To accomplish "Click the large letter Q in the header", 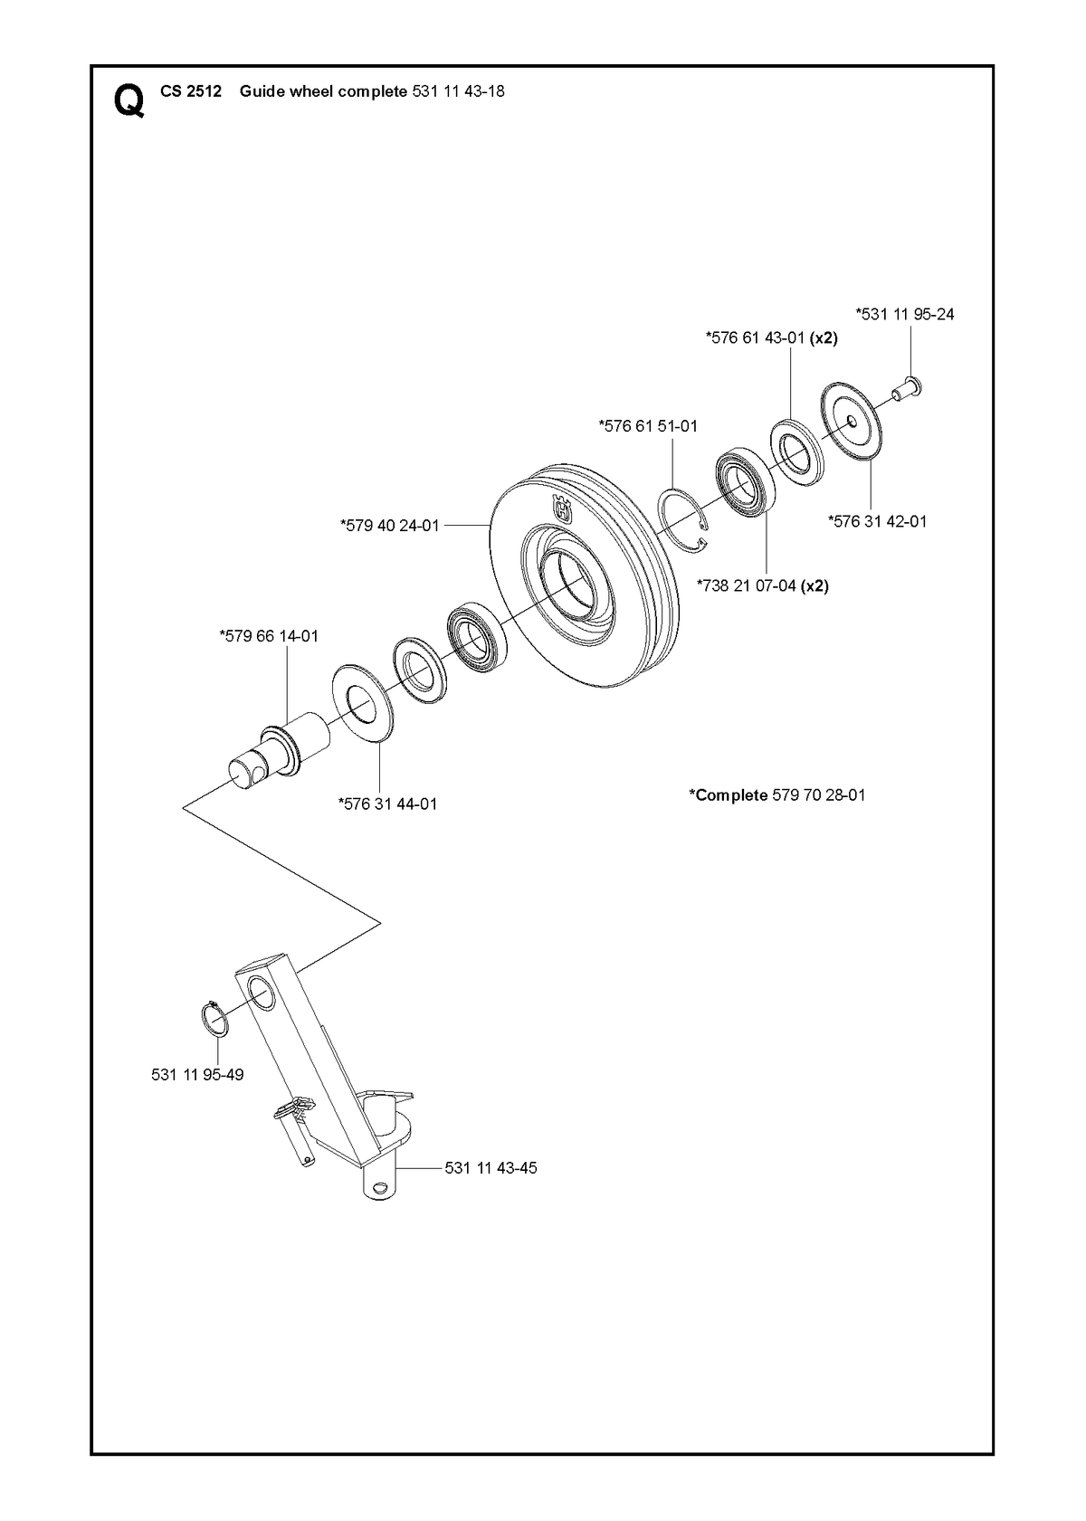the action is pos(129,100).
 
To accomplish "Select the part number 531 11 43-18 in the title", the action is pos(459,91).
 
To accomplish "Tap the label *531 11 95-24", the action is pos(905,314).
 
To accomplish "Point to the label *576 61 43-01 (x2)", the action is pos(772,337).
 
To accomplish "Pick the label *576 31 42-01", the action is pos(878,521).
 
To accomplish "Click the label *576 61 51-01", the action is pos(648,426).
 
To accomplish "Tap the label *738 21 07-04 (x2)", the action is pos(763,585).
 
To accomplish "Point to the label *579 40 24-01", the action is pos(390,525).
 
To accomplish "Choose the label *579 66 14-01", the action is pos(269,636).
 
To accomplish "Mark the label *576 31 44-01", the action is pos(388,804).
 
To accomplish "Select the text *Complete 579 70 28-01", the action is pos(777,795).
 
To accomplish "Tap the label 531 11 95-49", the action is pos(197,1075).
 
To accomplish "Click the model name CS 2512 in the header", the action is pos(191,91).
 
